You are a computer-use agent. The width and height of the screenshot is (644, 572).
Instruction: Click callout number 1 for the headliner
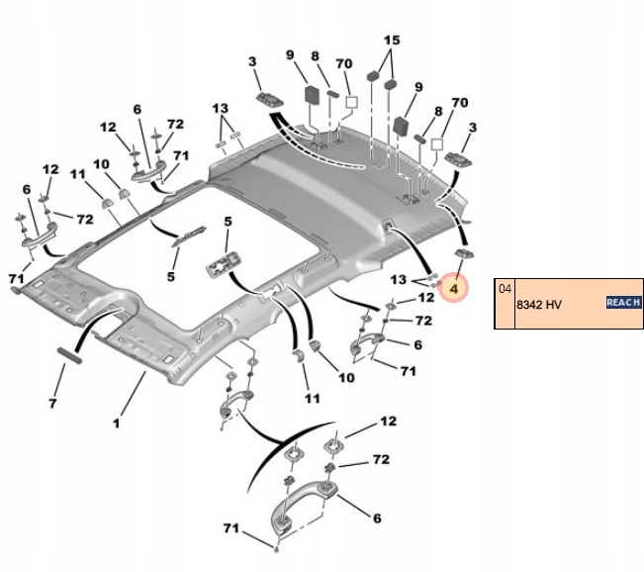(x=116, y=424)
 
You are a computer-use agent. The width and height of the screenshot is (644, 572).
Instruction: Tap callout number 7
(x=53, y=404)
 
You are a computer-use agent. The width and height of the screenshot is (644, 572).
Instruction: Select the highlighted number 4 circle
(x=453, y=289)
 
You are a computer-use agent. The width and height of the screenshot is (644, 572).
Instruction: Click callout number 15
(x=392, y=41)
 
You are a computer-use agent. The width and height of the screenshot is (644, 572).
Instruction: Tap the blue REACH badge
(x=623, y=302)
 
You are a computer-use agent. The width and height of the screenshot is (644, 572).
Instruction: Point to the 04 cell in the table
(x=506, y=289)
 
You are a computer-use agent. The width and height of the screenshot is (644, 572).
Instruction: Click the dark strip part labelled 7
(x=70, y=355)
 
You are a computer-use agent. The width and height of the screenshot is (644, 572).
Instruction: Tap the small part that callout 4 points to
(x=463, y=254)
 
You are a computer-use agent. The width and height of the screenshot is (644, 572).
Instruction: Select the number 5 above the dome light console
(x=227, y=222)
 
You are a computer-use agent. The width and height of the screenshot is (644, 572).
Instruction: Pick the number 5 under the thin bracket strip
(x=170, y=277)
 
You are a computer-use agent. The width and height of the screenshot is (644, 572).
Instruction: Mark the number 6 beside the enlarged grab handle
(x=377, y=518)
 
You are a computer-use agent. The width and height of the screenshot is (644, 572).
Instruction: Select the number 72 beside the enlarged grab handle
(x=380, y=460)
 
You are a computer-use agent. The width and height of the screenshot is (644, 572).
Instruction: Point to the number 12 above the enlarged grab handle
(x=388, y=422)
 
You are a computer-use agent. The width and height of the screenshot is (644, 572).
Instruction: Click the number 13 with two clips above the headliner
(x=220, y=107)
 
